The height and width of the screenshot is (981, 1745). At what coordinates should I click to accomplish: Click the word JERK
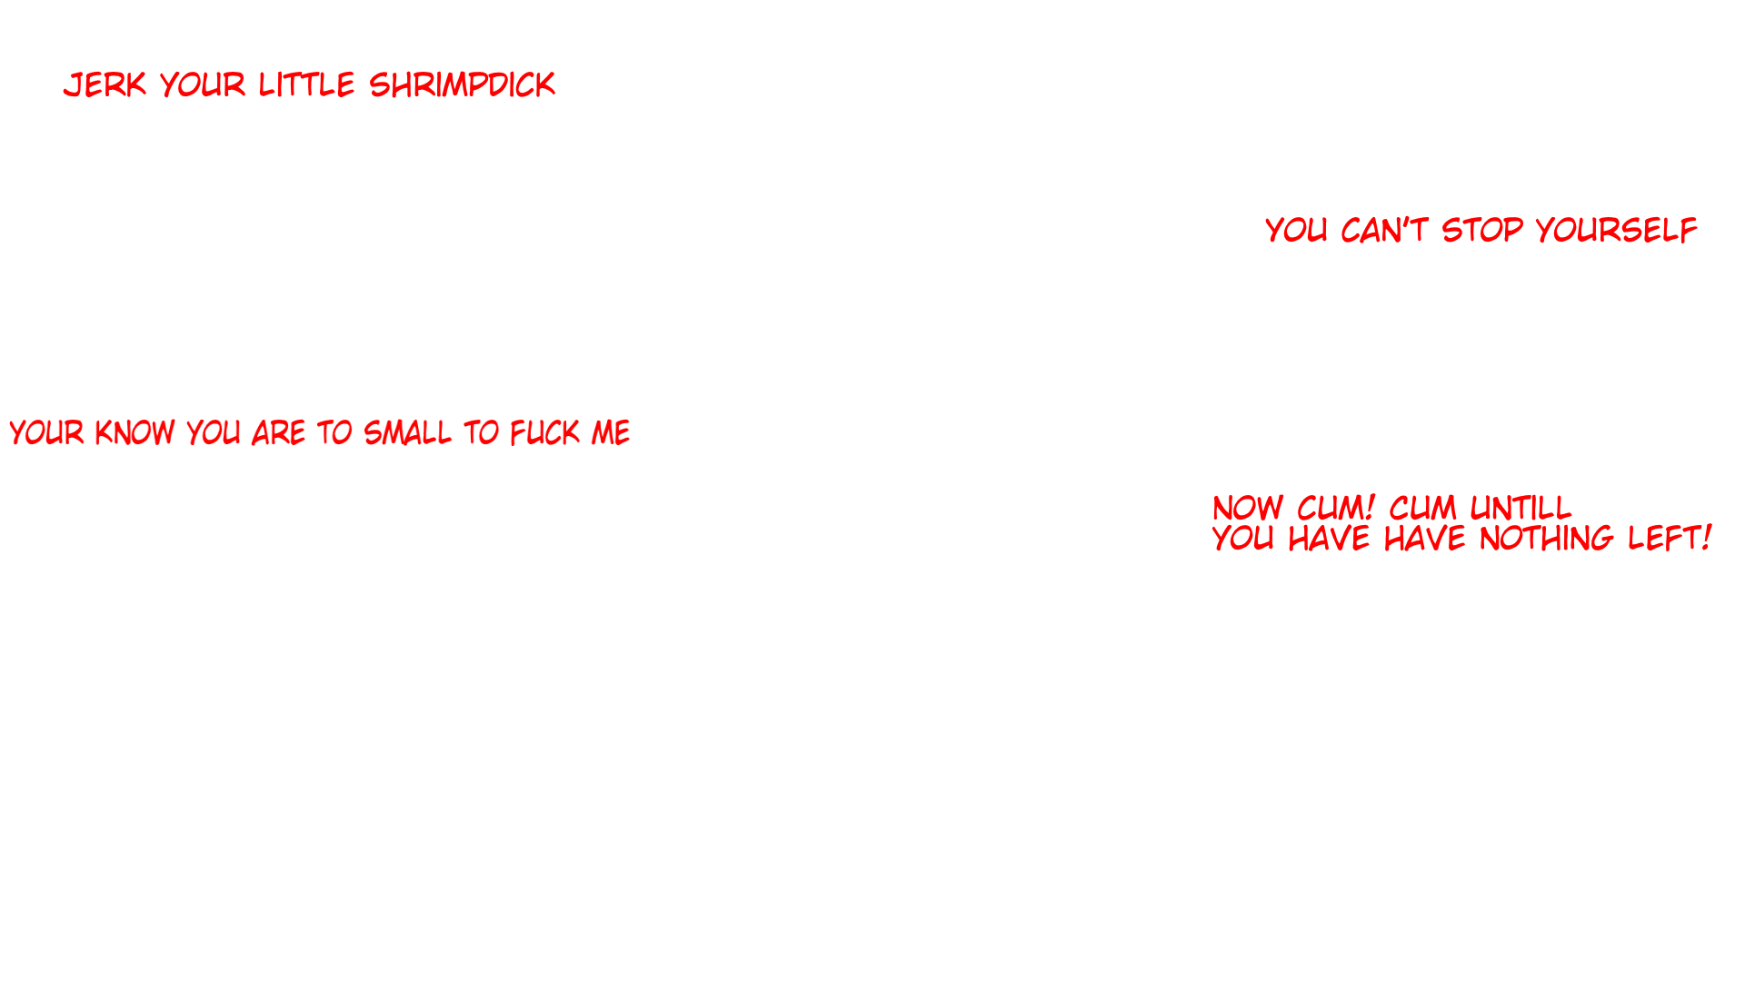pos(105,84)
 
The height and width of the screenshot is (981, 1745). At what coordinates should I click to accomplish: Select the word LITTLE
pos(306,84)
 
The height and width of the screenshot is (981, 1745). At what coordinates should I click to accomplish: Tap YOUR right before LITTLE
pos(203,84)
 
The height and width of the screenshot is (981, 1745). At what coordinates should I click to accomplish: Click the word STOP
pos(1481,230)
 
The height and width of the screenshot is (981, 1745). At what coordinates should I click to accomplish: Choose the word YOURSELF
pos(1616,230)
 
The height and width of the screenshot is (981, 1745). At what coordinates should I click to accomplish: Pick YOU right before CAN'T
pos(1296,230)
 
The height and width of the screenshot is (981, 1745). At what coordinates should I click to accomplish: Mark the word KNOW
pos(135,432)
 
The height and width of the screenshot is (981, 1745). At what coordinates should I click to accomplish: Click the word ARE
pos(278,432)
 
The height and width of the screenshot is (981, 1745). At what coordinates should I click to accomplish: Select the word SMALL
pos(407,432)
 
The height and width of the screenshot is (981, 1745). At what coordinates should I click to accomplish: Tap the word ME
pos(610,432)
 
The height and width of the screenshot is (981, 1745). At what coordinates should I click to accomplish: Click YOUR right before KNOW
pos(46,432)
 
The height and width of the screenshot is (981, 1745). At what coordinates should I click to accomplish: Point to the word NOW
pos(1248,508)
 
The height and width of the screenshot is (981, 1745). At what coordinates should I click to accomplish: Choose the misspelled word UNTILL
pos(1521,508)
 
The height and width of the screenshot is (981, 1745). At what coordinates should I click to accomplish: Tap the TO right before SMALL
pos(334,432)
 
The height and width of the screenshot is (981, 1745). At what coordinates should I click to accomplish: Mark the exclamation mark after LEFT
pos(1707,538)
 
